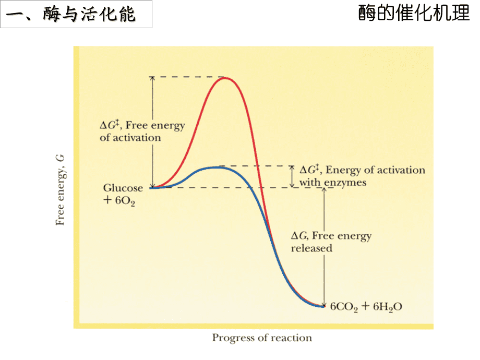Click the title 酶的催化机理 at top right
coord(414,14)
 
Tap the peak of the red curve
coord(225,78)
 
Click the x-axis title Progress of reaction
coord(262,338)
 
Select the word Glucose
coord(123,188)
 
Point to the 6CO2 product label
coord(345,307)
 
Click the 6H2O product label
coord(387,307)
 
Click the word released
coord(311,248)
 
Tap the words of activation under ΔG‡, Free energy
coord(130,138)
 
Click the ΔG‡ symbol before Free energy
coord(110,125)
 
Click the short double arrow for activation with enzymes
coord(292,176)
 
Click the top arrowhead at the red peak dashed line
coord(152,79)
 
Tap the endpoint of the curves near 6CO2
coord(323,306)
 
